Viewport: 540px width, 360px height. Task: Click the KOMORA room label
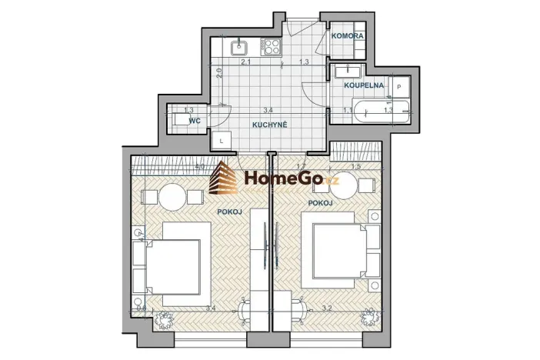click(x=348, y=36)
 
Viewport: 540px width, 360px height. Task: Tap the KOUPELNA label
click(x=361, y=85)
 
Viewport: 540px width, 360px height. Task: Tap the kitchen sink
click(x=239, y=46)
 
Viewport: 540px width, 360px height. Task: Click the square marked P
click(x=400, y=86)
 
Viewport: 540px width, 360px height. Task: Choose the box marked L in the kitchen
click(x=221, y=142)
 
